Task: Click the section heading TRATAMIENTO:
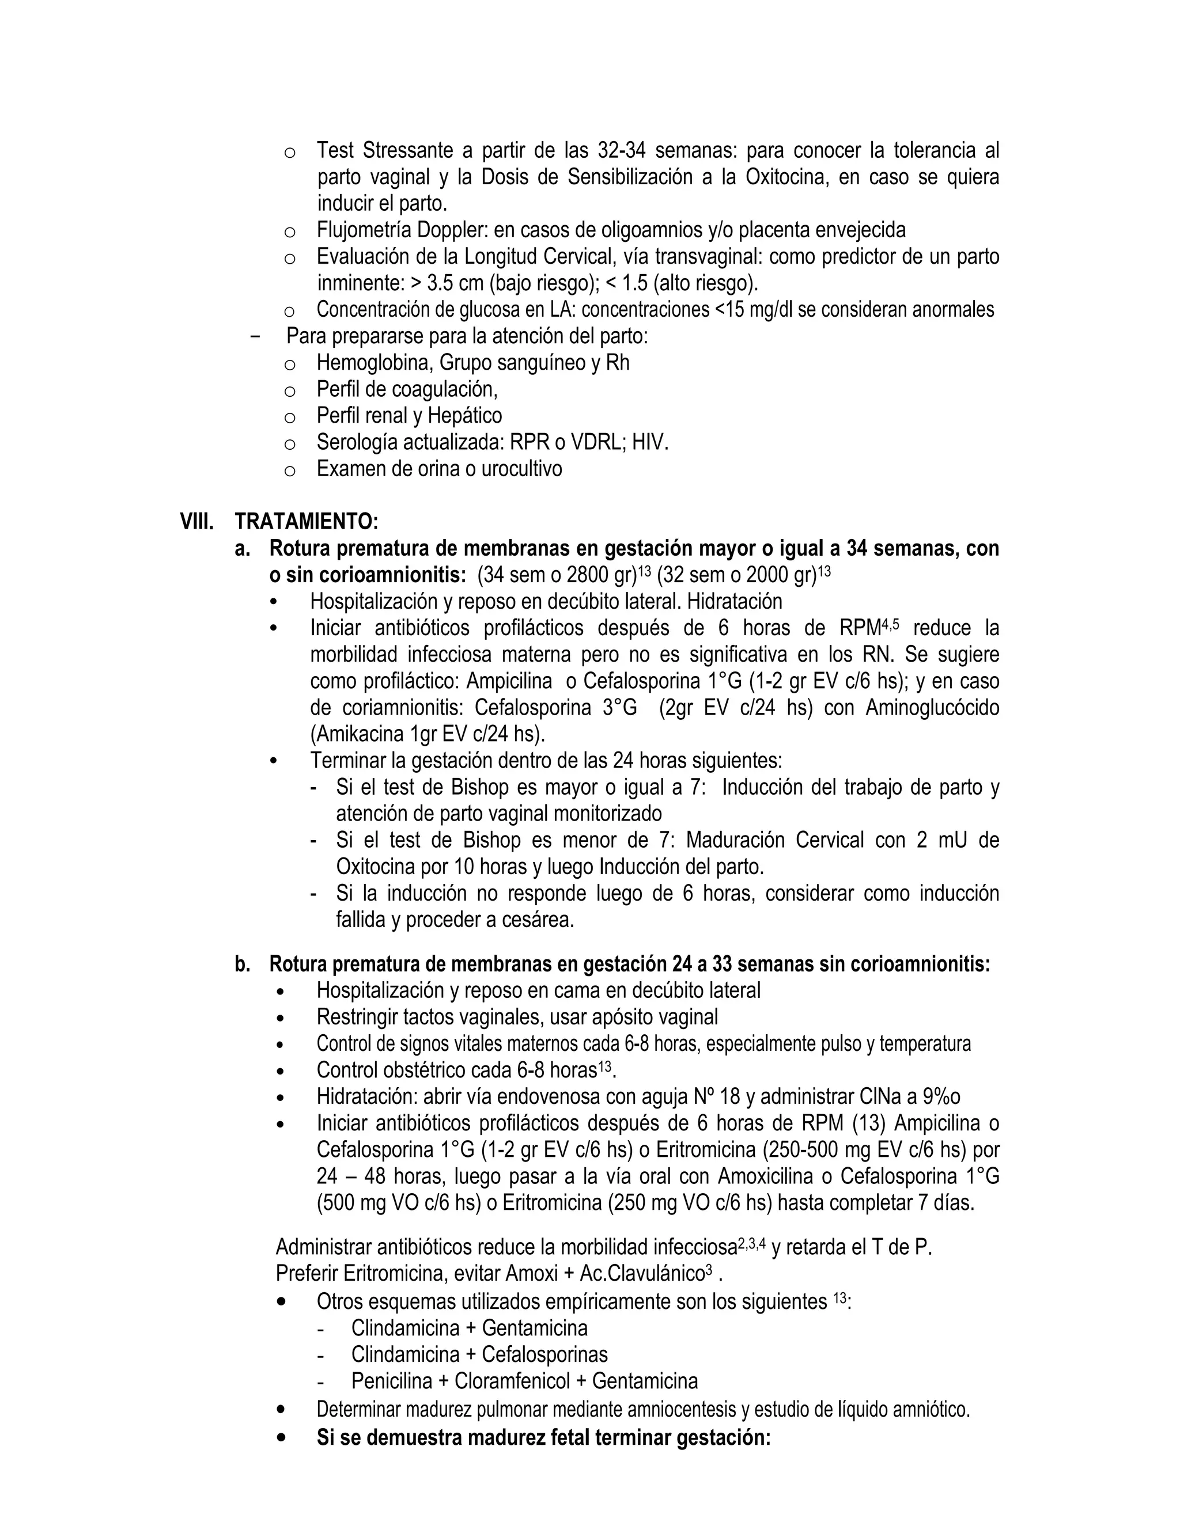tap(306, 521)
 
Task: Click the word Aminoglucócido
tap(932, 708)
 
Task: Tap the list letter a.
tap(242, 548)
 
